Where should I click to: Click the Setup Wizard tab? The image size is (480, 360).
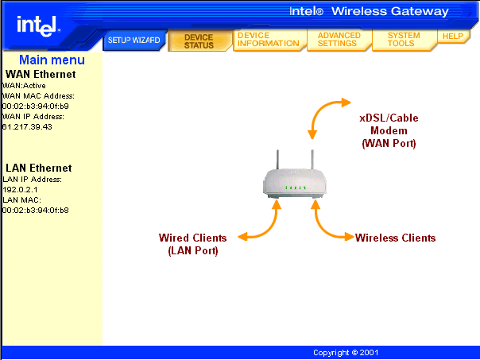(x=134, y=40)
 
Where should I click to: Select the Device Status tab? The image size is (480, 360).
(x=199, y=41)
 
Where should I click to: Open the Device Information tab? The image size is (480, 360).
(x=269, y=40)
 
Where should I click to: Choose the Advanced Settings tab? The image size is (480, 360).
(x=339, y=40)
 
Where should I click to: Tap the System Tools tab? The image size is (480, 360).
(x=404, y=40)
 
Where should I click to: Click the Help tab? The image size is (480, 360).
(x=453, y=36)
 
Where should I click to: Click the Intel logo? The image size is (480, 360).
(x=38, y=26)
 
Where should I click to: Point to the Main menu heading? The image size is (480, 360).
(x=52, y=60)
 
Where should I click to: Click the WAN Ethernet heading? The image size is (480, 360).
(x=41, y=74)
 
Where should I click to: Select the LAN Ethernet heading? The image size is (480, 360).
(x=39, y=168)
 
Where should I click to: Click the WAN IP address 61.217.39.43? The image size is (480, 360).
(x=27, y=126)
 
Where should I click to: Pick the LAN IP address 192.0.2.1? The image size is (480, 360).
(x=20, y=189)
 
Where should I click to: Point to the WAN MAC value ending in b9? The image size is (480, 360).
(x=36, y=106)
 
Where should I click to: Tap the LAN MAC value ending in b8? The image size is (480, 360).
(x=36, y=211)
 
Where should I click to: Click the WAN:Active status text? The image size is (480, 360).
(x=24, y=85)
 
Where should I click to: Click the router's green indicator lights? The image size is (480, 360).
(x=295, y=188)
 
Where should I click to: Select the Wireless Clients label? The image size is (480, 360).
(x=395, y=238)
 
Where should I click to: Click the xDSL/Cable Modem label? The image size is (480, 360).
(x=389, y=130)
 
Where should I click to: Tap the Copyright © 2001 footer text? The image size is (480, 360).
(x=346, y=353)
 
